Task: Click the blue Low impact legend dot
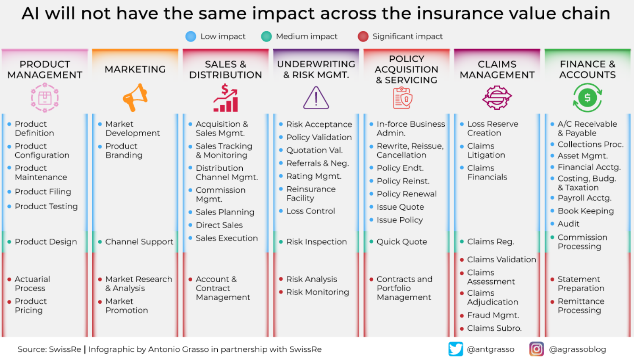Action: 191,36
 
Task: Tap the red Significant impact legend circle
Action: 363,36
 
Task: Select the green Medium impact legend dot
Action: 266,36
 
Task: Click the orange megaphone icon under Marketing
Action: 135,97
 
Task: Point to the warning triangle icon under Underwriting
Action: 316,98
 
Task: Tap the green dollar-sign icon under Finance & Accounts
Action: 587,98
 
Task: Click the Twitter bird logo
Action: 456,349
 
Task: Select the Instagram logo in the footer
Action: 537,349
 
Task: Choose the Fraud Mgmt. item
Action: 493,315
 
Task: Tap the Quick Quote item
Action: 401,242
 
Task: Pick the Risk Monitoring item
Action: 317,292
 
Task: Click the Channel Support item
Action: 139,242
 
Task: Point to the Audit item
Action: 568,224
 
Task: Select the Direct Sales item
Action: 219,225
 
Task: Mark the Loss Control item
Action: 310,211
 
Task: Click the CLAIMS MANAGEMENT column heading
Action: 497,69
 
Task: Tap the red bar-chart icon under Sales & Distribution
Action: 226,98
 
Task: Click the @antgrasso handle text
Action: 490,349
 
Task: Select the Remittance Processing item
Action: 581,306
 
